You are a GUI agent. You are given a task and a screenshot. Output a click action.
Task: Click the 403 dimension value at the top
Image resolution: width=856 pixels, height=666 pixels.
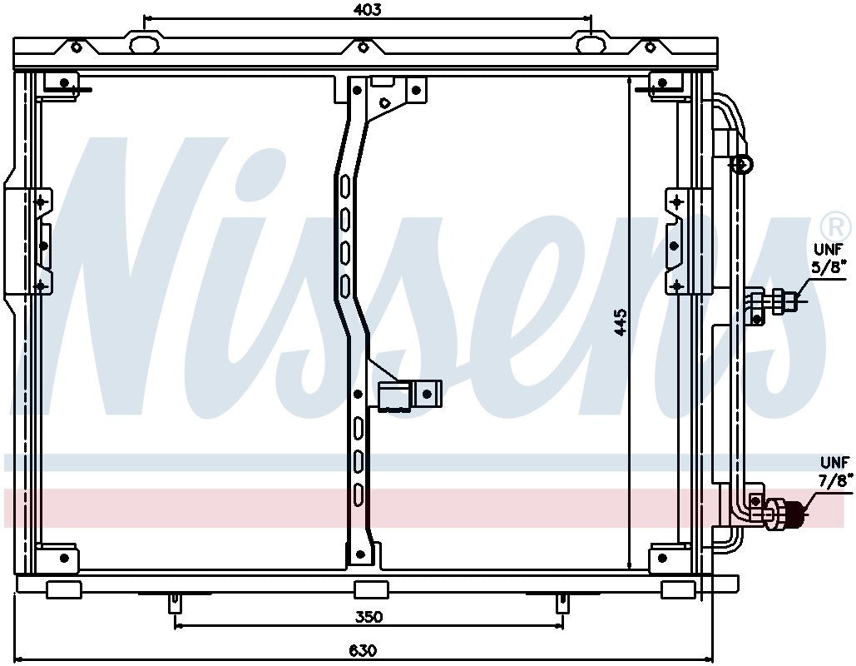point(367,9)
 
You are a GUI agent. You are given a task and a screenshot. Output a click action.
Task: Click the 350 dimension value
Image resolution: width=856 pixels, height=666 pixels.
point(369,617)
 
